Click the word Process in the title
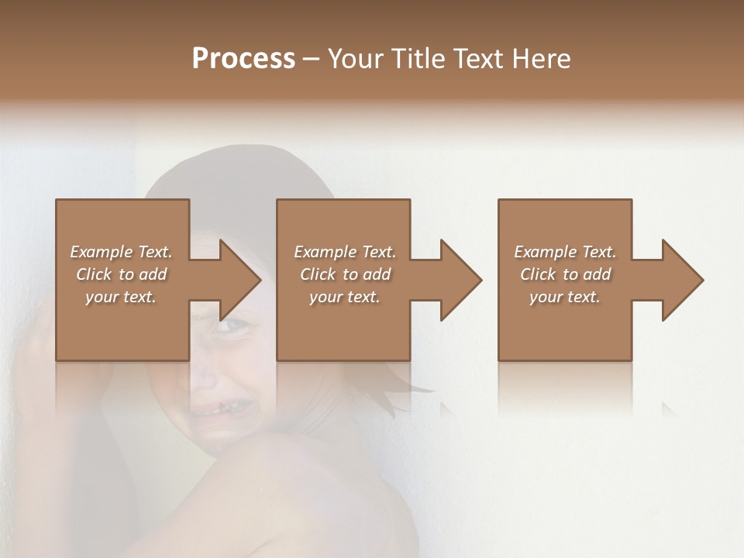pos(243,59)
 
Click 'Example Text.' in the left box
pos(121,252)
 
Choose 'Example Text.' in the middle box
pos(345,252)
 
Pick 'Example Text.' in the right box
pos(565,252)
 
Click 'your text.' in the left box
pos(121,297)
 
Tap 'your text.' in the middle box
pos(345,297)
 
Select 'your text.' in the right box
pos(565,297)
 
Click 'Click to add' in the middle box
pos(345,274)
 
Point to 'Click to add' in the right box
pos(565,274)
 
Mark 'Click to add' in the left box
pos(121,274)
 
